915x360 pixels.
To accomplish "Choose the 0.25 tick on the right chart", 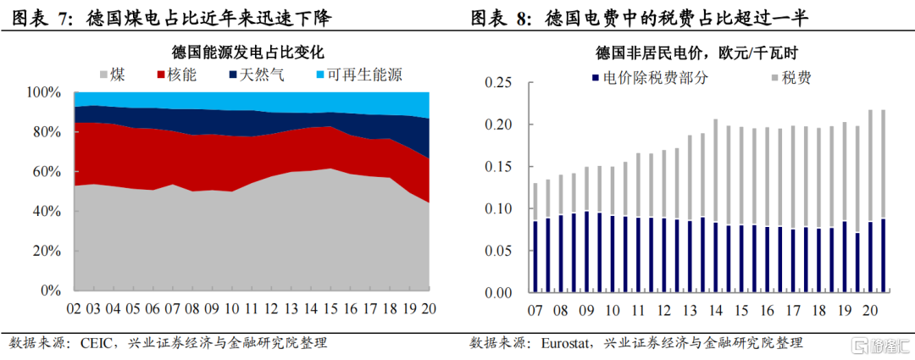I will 499,83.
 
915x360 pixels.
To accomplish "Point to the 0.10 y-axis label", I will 499,209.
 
